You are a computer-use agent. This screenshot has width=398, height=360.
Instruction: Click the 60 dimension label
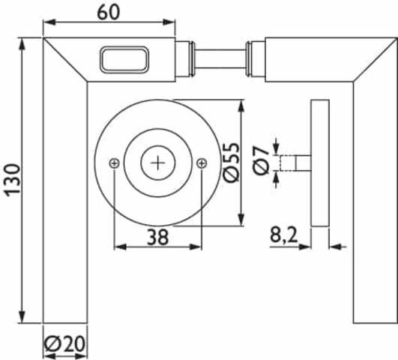pos(109,12)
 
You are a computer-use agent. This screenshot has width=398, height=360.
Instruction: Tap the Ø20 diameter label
pos(64,344)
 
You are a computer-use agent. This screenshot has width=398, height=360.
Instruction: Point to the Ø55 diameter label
pos(232,163)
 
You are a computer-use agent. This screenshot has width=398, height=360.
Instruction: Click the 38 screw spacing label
pos(157,237)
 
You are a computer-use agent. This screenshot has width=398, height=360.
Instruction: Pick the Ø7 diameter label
pos(261,160)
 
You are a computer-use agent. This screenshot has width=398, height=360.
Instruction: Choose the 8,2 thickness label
pos(283,235)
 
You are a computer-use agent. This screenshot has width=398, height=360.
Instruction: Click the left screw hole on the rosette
pos(115,163)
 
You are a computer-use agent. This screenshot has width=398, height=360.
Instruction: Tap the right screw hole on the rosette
pos(202,163)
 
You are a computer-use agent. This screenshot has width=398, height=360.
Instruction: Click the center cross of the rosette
pos(158,163)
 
